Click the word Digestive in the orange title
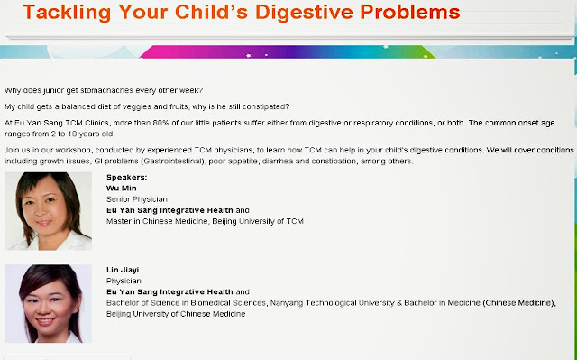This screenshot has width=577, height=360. (305, 13)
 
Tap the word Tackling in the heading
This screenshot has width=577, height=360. (67, 13)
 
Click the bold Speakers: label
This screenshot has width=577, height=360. (126, 177)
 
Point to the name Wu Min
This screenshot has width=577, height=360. (122, 188)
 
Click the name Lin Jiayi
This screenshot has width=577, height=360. (123, 270)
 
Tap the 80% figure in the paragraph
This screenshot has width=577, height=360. (160, 123)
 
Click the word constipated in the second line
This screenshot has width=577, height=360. (267, 106)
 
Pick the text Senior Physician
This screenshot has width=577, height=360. (137, 199)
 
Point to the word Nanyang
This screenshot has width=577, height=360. (286, 303)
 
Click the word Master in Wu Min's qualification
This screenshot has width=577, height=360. (118, 221)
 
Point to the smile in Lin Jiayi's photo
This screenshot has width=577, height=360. (45, 321)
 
